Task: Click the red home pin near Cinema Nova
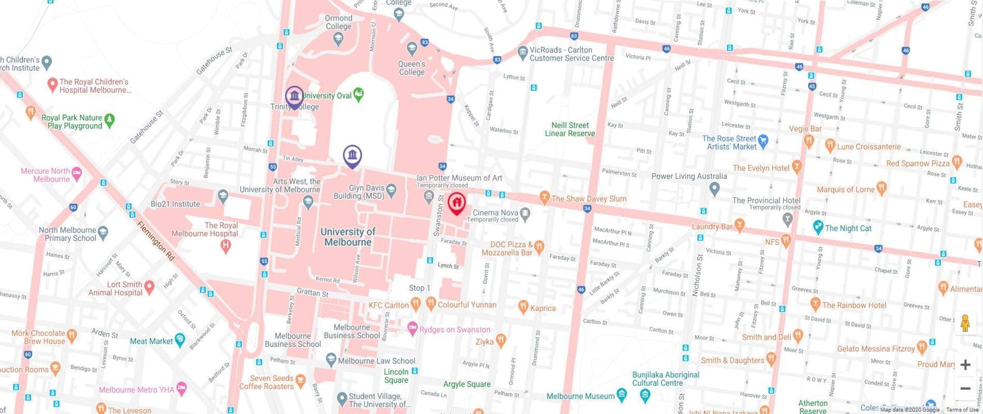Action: tap(456, 202)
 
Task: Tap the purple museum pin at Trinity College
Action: tap(294, 96)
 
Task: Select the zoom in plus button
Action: tap(965, 365)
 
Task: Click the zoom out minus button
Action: tap(965, 388)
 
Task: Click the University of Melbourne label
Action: tap(348, 236)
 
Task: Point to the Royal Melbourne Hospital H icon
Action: tap(225, 246)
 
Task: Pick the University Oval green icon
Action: tap(359, 94)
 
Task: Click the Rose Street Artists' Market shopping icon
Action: tap(763, 140)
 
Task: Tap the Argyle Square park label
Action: tap(467, 384)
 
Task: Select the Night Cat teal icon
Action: tap(817, 227)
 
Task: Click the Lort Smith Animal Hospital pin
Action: tap(150, 286)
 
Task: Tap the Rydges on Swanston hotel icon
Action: tap(412, 328)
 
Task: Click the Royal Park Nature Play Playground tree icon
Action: tap(109, 120)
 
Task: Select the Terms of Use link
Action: tap(962, 410)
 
